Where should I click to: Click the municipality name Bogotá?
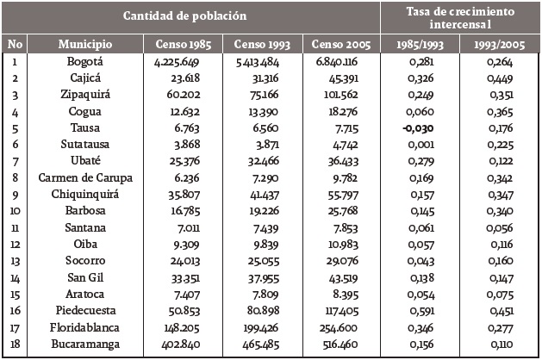coord(85,61)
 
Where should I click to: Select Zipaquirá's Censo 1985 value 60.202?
coord(184,95)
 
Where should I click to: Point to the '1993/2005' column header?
coord(501,43)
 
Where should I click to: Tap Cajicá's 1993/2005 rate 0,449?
coord(501,78)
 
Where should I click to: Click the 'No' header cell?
coord(15,43)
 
